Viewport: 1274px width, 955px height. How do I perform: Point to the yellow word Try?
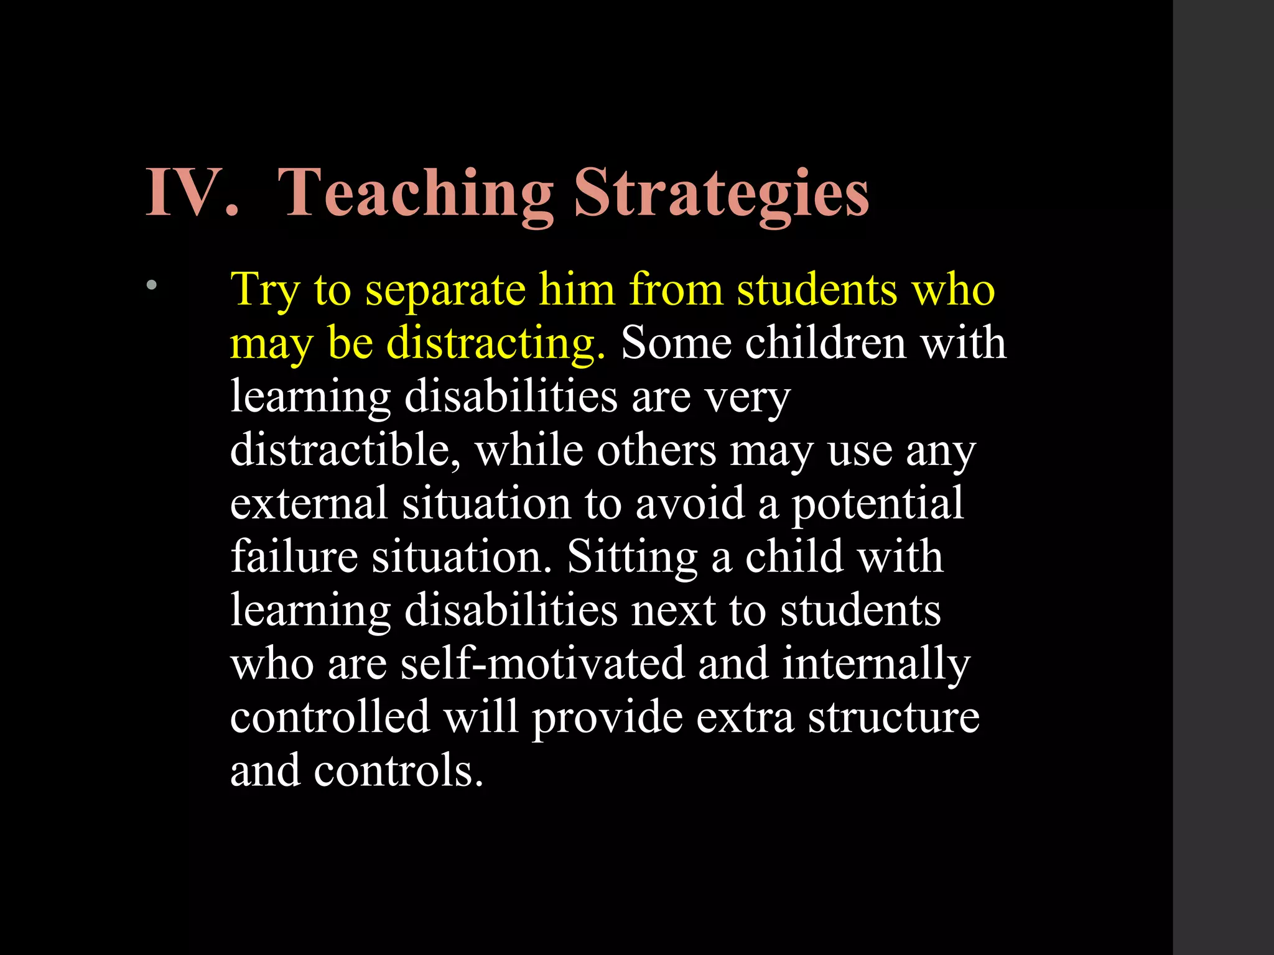pos(265,290)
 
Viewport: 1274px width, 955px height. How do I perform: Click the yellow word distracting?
pos(496,344)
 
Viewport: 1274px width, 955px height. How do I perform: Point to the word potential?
pos(877,504)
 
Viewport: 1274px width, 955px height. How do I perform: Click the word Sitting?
pos(632,557)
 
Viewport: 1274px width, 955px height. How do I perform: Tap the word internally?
pos(876,664)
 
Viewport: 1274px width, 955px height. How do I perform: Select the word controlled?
pos(330,716)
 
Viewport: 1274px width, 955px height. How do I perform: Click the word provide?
pos(607,717)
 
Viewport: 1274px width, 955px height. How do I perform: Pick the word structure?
pos(893,717)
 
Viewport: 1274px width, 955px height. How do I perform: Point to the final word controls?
pos(398,770)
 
